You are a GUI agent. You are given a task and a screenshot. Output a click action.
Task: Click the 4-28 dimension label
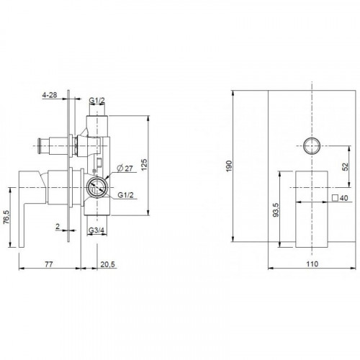tap(50, 95)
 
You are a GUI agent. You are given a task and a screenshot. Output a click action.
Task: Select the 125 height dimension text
tap(144, 165)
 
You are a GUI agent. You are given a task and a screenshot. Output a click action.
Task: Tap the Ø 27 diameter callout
tap(125, 168)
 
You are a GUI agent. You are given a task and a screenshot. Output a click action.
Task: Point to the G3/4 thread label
tap(96, 230)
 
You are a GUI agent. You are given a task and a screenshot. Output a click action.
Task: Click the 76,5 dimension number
tap(6, 217)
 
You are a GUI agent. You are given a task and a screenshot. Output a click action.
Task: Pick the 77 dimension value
tap(49, 264)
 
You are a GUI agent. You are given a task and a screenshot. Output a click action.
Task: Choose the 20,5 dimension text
tap(108, 264)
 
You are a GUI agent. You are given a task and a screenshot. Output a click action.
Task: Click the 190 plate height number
tap(229, 166)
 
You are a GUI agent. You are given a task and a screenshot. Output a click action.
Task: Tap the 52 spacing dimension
tap(345, 166)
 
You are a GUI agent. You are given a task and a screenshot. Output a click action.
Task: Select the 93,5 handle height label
tap(276, 210)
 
